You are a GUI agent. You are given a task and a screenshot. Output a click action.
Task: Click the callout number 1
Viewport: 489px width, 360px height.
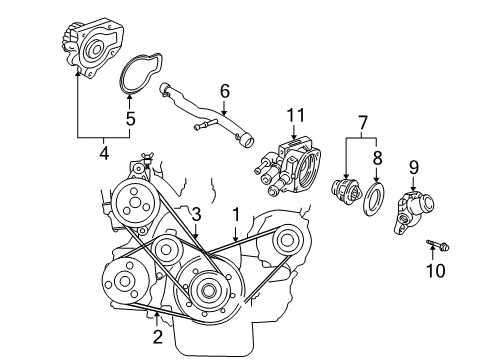[x=236, y=214]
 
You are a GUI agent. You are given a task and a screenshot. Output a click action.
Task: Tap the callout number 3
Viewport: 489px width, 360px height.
[x=197, y=214]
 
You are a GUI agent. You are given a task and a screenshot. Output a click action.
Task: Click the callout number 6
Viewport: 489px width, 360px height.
[x=225, y=91]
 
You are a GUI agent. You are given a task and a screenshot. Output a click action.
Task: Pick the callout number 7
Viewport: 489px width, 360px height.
[x=361, y=126]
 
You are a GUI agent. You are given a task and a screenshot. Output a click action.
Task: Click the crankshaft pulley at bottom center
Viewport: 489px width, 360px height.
[x=209, y=291]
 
